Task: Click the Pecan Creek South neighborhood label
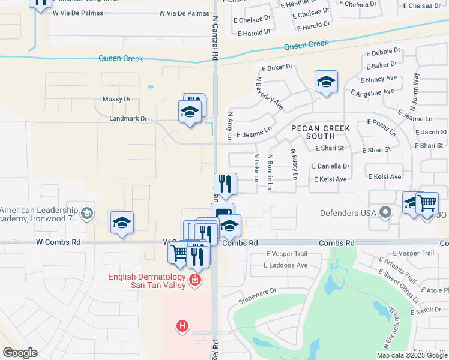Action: click(x=321, y=132)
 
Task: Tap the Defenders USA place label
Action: click(x=348, y=212)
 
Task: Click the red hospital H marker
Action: click(x=182, y=326)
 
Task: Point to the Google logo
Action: click(x=20, y=353)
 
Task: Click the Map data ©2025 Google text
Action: click(x=412, y=355)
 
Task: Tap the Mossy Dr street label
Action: click(x=117, y=99)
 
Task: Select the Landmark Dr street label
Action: click(x=128, y=119)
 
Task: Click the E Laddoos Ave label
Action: click(x=286, y=265)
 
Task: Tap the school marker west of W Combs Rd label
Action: click(x=122, y=223)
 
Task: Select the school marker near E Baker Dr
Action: click(x=326, y=82)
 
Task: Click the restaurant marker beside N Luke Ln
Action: click(x=225, y=184)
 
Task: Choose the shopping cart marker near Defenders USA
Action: click(x=427, y=203)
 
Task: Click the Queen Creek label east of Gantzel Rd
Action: click(x=306, y=44)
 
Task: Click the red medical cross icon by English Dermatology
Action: click(x=194, y=280)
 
